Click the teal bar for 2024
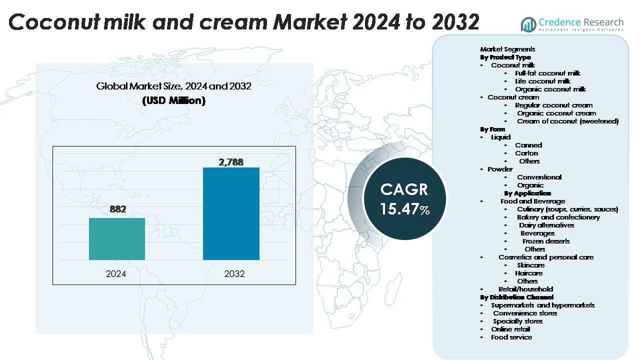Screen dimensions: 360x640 point(117,239)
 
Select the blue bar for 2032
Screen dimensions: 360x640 point(231,213)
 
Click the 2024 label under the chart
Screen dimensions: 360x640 point(116,274)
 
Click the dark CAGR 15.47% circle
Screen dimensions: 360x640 point(404,198)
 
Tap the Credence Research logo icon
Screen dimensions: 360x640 point(528,24)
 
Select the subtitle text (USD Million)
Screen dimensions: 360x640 point(173,100)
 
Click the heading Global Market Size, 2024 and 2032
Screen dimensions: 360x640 point(173,86)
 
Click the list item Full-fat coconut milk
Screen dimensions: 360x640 point(547,73)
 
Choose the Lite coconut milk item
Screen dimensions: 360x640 point(542,81)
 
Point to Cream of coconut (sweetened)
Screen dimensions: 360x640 point(567,121)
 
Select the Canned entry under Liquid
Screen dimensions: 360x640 point(528,145)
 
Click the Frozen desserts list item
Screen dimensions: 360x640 point(546,241)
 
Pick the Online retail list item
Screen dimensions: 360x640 point(511,329)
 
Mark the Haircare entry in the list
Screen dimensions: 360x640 point(528,273)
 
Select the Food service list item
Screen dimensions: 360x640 point(511,337)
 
